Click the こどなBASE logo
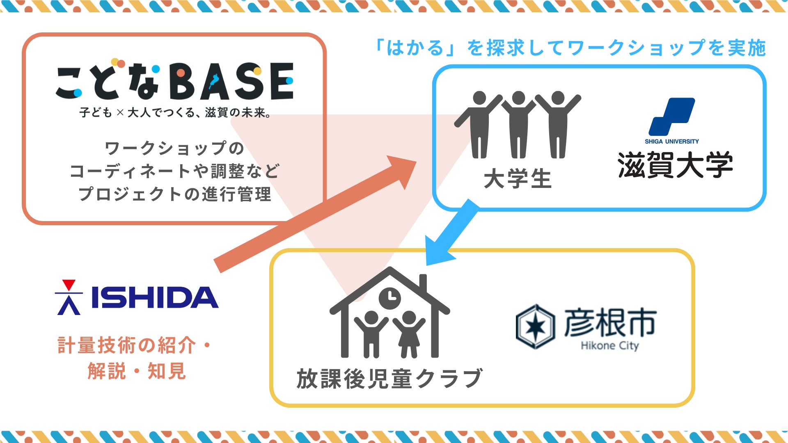pos(175,82)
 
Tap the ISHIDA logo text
pos(154,297)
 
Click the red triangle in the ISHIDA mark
pos(69,284)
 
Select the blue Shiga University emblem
pos(672,116)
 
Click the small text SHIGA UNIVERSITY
pos(671,142)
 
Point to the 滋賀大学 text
pos(675,165)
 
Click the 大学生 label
pos(518,180)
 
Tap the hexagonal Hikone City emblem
pos(535,327)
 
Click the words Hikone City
pos(610,346)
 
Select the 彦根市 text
pos(610,323)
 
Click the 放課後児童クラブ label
pos(389,378)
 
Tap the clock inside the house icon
pos(389,298)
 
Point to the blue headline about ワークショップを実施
pos(570,48)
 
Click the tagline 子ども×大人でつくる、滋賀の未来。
pos(175,112)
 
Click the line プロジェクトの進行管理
pos(175,194)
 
